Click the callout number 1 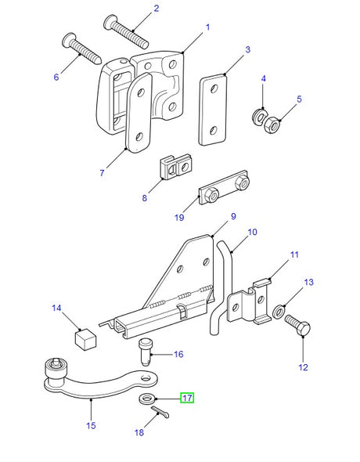(x=207, y=27)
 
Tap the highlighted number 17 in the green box (x=187, y=397)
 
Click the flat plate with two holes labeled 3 (x=211, y=110)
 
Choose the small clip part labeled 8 (x=178, y=166)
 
